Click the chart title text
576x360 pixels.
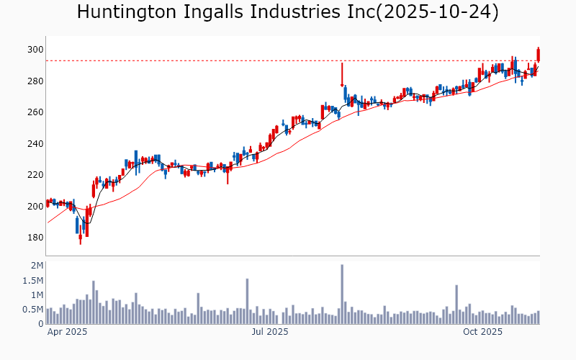287,12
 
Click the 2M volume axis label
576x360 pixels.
37,266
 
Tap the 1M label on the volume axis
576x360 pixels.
37,295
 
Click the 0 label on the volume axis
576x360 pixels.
41,324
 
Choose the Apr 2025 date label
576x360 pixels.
67,333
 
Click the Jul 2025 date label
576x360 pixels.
270,333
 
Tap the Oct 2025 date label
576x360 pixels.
482,333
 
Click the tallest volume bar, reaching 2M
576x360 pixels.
342,294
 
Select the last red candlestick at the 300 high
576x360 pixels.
539,54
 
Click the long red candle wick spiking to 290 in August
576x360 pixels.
342,75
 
